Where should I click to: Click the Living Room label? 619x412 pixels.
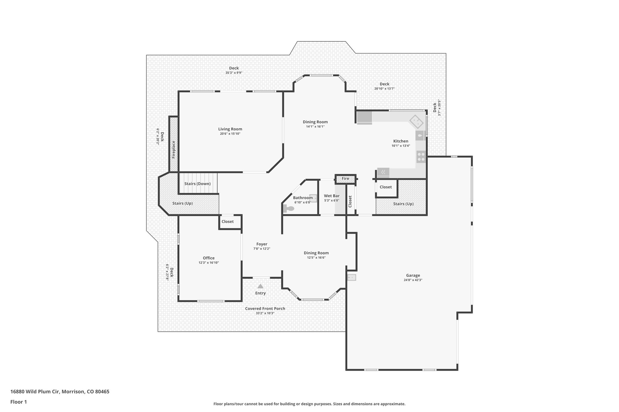[230, 129]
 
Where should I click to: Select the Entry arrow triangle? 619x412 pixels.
[260, 286]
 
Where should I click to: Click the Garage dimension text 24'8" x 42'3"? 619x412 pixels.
[413, 280]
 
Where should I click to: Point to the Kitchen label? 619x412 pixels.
[400, 141]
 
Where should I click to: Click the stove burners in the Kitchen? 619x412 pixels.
[421, 157]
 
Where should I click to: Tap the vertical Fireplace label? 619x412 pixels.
[173, 149]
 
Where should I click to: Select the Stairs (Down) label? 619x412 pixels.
[197, 184]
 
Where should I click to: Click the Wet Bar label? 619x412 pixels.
[332, 196]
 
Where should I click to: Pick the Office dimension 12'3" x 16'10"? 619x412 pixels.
[209, 263]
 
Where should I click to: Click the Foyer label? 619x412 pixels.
[262, 244]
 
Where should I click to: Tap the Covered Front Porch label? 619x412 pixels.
[265, 308]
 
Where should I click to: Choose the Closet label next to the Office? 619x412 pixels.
[227, 222]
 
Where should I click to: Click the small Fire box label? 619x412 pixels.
[345, 179]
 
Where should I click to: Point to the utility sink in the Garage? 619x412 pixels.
[352, 277]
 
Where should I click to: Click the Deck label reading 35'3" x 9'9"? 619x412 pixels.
[234, 73]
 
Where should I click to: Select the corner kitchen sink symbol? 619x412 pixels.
[416, 122]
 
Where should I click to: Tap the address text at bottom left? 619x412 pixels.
[60, 392]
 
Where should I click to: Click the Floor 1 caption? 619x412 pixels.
[18, 402]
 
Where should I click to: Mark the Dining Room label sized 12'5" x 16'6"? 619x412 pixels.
[316, 253]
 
